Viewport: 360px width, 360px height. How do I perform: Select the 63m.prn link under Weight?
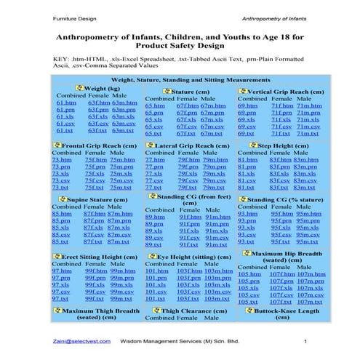tap(123, 111)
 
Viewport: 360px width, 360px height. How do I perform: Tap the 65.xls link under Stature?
tap(153, 119)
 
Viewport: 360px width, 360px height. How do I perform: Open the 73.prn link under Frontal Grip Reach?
tap(60, 167)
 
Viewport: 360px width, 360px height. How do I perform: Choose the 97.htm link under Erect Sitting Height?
tap(62, 271)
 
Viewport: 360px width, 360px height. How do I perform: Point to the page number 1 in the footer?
tap(306, 340)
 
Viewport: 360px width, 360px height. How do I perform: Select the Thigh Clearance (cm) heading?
tap(193, 311)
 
